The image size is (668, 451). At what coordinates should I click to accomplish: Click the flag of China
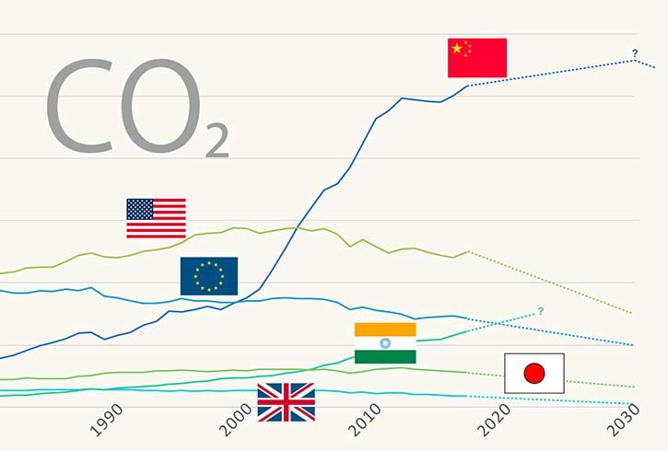pos(477,58)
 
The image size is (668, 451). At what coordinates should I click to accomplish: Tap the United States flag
pos(156,218)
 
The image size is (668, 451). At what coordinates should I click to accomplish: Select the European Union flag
pos(209,276)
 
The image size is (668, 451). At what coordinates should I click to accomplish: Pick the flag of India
pos(385,343)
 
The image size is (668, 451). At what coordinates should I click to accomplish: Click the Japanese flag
pos(534,373)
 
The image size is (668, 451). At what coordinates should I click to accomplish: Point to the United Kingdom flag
pos(286,401)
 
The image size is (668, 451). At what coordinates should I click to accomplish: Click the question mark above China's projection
pos(635,52)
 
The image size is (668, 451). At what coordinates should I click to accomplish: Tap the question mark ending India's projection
pos(540,311)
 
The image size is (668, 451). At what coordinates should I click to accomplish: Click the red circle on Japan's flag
pos(534,373)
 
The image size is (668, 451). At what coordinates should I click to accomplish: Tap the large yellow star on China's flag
pos(457,48)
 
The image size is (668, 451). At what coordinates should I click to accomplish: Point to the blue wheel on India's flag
pos(385,343)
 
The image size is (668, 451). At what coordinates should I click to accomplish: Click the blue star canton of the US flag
pos(140,209)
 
